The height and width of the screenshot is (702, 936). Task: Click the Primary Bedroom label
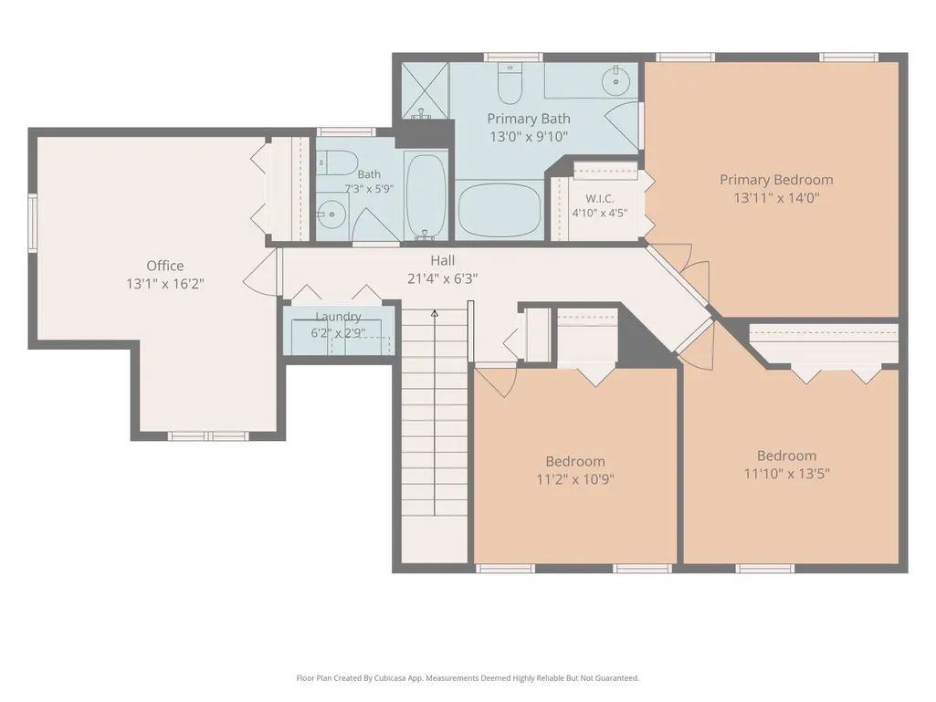pyautogui.click(x=776, y=180)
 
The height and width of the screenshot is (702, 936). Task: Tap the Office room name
pyautogui.click(x=165, y=266)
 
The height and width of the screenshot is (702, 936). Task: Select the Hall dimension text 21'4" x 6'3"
pyautogui.click(x=442, y=278)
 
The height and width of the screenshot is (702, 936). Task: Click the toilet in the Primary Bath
pyautogui.click(x=510, y=84)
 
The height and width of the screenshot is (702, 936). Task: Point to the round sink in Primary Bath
pyautogui.click(x=615, y=80)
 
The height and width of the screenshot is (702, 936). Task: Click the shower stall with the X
pyautogui.click(x=425, y=90)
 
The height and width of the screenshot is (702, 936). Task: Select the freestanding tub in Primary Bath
pyautogui.click(x=500, y=210)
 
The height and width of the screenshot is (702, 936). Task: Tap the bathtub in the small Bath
pyautogui.click(x=426, y=194)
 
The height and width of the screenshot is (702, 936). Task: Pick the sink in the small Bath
pyautogui.click(x=331, y=215)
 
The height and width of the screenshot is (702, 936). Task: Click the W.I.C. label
pyautogui.click(x=599, y=199)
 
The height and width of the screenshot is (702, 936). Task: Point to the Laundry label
pyautogui.click(x=338, y=317)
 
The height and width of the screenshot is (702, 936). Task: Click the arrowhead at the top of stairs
pyautogui.click(x=435, y=313)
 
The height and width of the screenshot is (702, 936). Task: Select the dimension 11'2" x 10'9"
pyautogui.click(x=575, y=478)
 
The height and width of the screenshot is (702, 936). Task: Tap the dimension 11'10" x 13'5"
pyautogui.click(x=786, y=474)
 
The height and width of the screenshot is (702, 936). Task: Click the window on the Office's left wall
pyautogui.click(x=33, y=222)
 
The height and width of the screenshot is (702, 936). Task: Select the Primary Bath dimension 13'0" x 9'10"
pyautogui.click(x=529, y=137)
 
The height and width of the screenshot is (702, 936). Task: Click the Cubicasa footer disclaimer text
pyautogui.click(x=468, y=678)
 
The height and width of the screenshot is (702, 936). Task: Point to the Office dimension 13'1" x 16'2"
pyautogui.click(x=164, y=284)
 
